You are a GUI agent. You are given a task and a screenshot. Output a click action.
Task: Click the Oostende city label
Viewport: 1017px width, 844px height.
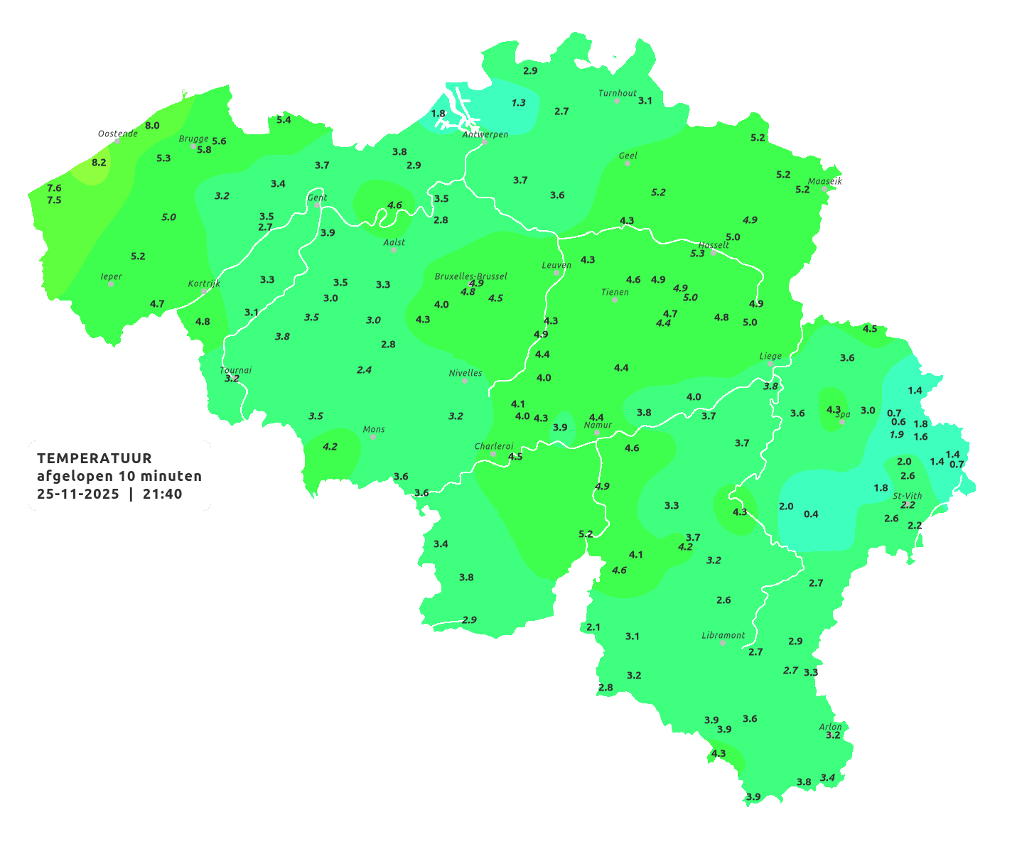(x=117, y=134)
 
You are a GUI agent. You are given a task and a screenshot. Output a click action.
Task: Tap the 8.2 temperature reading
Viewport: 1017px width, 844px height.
(x=99, y=162)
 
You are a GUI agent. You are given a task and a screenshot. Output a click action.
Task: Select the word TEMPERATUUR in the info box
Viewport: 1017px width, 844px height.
(x=95, y=458)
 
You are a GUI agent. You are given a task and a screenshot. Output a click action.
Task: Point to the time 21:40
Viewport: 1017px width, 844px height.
(x=162, y=494)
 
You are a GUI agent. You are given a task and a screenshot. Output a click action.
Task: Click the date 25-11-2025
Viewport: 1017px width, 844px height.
(x=78, y=494)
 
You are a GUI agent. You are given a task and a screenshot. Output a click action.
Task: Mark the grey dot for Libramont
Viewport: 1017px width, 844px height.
(x=723, y=643)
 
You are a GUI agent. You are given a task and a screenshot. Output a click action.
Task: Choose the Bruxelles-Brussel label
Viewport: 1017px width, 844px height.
(x=470, y=276)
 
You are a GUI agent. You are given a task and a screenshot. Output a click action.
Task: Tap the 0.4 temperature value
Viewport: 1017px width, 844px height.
(x=811, y=514)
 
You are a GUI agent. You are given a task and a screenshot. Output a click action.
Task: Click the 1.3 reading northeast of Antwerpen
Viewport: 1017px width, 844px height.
(x=519, y=103)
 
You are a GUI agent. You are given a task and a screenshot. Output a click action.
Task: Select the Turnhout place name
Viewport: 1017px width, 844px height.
(x=617, y=93)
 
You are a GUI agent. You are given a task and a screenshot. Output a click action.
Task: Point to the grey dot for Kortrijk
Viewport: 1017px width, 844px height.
(x=204, y=291)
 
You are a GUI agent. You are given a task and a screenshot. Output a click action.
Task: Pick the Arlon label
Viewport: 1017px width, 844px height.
(x=830, y=727)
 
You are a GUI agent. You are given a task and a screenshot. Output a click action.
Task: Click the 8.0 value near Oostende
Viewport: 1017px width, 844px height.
(x=152, y=126)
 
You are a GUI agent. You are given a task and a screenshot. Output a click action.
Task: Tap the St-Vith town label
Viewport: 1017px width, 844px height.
(x=908, y=496)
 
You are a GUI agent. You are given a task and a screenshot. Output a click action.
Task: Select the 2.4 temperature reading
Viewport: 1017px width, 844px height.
(x=364, y=369)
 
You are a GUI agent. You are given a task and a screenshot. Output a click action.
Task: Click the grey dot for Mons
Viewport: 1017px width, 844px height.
(x=373, y=436)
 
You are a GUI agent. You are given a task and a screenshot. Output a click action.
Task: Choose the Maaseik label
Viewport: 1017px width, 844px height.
(x=825, y=181)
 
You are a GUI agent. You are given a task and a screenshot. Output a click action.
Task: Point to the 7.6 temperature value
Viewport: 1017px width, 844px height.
(x=54, y=188)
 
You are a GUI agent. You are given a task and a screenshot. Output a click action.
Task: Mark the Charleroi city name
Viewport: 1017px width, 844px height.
(x=494, y=446)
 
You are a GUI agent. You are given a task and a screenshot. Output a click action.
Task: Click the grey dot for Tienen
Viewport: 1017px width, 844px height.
(x=615, y=300)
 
